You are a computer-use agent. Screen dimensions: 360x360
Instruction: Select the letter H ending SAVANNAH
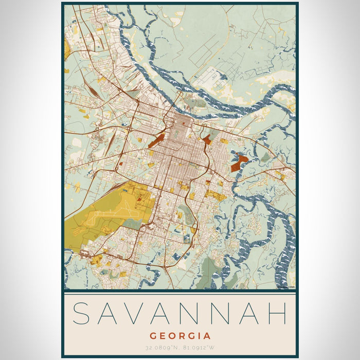point(277,314)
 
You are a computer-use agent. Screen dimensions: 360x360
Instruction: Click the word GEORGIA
point(180,336)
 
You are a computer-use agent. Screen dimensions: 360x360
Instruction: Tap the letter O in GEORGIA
point(171,336)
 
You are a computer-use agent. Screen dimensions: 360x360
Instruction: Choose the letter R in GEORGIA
point(181,336)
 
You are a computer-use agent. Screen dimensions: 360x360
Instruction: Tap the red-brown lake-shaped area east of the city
point(238,164)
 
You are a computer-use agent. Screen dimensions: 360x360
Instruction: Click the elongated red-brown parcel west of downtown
point(156,140)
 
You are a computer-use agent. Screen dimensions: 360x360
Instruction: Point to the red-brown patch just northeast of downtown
point(207,139)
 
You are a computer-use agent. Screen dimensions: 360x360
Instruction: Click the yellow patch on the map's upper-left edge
point(67,49)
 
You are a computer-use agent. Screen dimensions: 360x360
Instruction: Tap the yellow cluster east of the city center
point(214,194)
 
